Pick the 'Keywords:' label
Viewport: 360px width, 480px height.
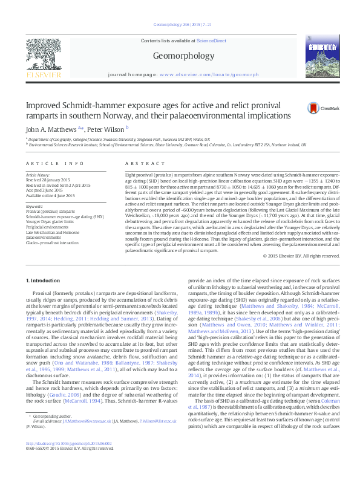tap(35, 206)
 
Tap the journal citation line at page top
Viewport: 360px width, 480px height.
tap(180, 25)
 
